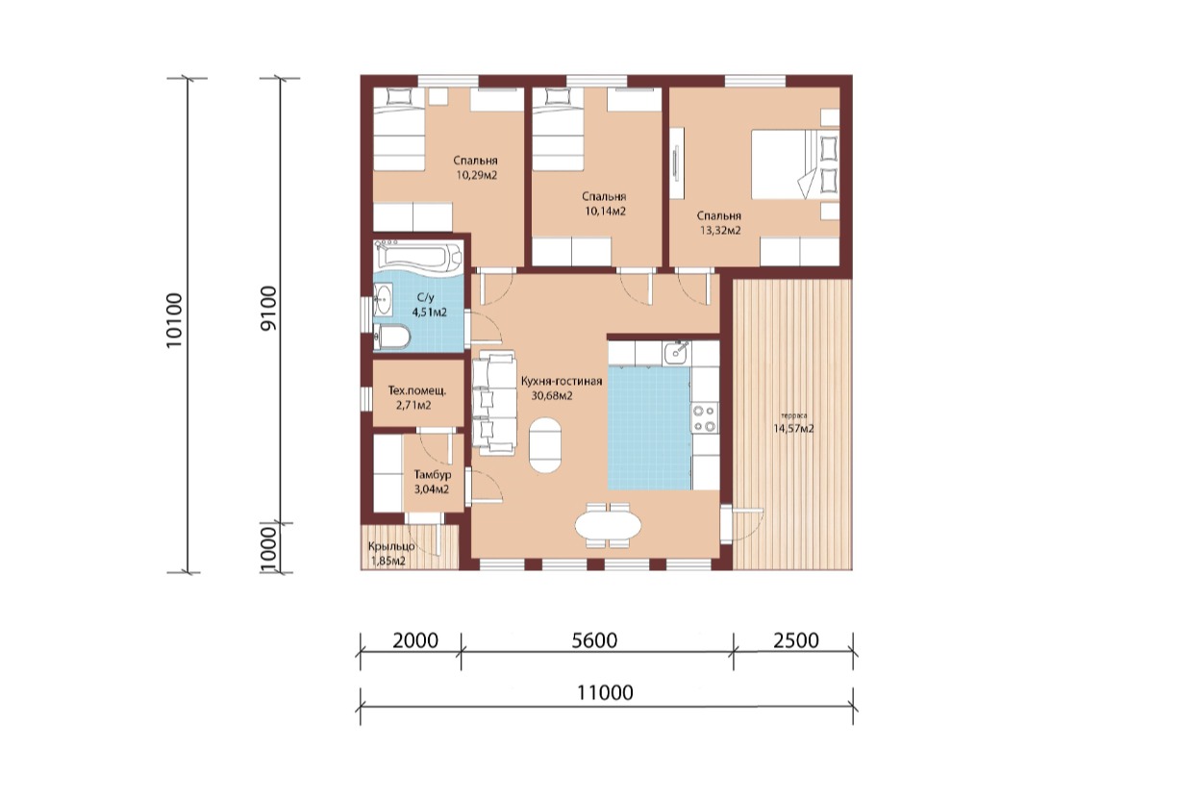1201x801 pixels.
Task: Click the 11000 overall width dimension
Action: tap(605, 692)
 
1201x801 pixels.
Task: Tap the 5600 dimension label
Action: tap(594, 640)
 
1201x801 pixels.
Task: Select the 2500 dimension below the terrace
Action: tap(795, 640)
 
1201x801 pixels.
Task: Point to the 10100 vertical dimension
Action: tap(174, 320)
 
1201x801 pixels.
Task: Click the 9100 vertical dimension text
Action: tap(267, 309)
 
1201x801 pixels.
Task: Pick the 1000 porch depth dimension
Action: tap(267, 550)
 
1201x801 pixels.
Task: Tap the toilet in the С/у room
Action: tap(392, 337)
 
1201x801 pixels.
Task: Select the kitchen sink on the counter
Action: tap(677, 353)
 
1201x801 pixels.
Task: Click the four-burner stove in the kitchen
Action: tap(705, 418)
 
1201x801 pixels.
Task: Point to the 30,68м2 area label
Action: tap(552, 395)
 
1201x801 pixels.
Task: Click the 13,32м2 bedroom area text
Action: tap(720, 231)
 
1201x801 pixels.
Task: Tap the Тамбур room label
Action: tap(432, 475)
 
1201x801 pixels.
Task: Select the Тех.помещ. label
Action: tap(416, 390)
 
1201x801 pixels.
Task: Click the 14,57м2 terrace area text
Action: tap(793, 428)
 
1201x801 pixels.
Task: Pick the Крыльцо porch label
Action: tap(391, 546)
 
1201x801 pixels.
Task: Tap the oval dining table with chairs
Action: tap(608, 525)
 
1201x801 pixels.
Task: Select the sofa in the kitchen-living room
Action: tap(494, 403)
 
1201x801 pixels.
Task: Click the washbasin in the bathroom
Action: tap(384, 300)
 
